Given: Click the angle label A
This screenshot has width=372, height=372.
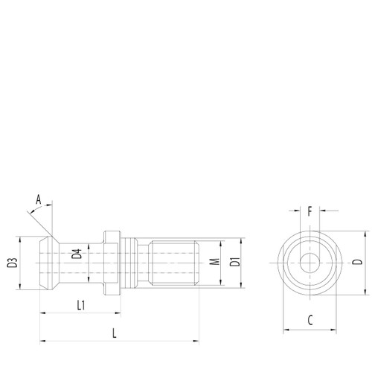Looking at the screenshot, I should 39,199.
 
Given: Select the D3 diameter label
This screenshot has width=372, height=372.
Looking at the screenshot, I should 11,262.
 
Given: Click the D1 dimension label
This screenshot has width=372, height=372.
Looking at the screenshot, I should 233,262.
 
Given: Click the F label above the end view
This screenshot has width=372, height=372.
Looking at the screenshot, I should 310,211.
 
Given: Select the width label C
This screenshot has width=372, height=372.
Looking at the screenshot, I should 309,320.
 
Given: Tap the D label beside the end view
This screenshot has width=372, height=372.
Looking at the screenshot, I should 357,262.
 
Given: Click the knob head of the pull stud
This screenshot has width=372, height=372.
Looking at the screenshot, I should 46,262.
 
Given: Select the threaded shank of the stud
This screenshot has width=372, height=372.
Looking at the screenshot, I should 175,262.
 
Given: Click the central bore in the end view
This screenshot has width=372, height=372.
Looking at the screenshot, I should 309,262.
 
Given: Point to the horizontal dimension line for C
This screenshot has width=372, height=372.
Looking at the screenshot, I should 309,329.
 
